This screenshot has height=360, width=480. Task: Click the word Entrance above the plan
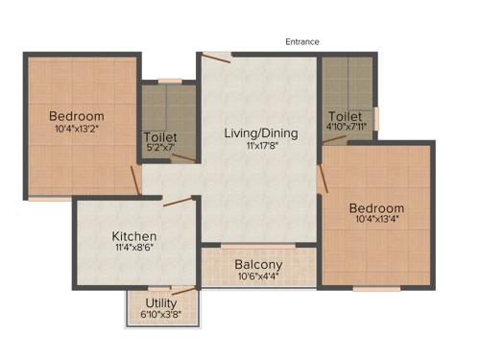pyautogui.click(x=302, y=41)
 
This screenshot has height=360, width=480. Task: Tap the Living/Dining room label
pyautogui.click(x=261, y=132)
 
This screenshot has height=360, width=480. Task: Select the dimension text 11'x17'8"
pyautogui.click(x=261, y=147)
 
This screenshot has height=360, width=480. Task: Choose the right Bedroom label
pyautogui.click(x=376, y=208)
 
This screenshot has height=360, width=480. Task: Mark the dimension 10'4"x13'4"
pyautogui.click(x=376, y=221)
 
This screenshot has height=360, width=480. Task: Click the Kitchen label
pyautogui.click(x=133, y=236)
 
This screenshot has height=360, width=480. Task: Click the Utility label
pyautogui.click(x=161, y=303)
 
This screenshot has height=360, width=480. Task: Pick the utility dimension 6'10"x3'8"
pyautogui.click(x=161, y=314)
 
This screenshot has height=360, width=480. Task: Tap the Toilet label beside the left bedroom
pyautogui.click(x=159, y=137)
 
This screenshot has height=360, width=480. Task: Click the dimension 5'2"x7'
pyautogui.click(x=159, y=149)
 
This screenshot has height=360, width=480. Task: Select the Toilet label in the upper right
pyautogui.click(x=345, y=117)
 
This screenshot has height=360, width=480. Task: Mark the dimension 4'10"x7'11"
pyautogui.click(x=346, y=129)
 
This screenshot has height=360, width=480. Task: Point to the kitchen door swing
pyautogui.click(x=179, y=202)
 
